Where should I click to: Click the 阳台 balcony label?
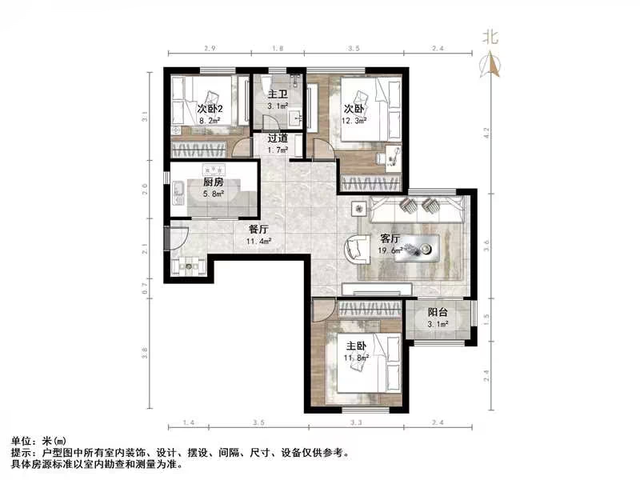(x=437, y=314)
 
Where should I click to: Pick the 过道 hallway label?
(x=278, y=138)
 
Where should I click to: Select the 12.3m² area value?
(x=354, y=122)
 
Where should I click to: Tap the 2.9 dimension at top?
(x=209, y=50)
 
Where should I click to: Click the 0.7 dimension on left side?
(x=146, y=288)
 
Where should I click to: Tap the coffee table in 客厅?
(x=422, y=248)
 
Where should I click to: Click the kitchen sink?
(x=178, y=190)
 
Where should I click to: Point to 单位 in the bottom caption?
(x=22, y=442)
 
